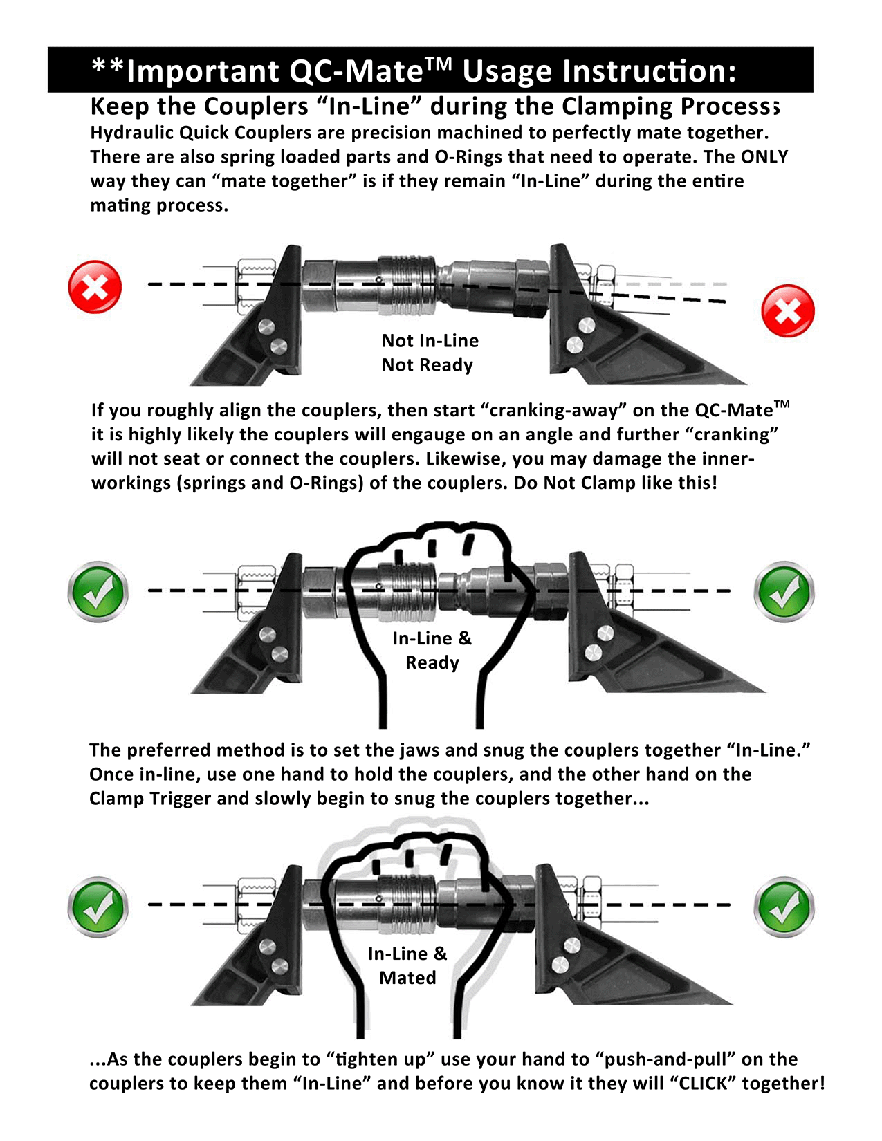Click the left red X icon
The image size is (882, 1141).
[x=95, y=287]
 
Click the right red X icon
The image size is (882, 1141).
[x=787, y=310]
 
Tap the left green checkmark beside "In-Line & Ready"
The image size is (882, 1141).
[x=98, y=592]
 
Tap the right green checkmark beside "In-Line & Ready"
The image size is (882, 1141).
[x=784, y=592]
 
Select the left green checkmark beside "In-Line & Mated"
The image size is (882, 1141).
[x=98, y=906]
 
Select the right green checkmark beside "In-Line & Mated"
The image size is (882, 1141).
[x=784, y=906]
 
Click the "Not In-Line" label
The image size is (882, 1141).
[x=430, y=340]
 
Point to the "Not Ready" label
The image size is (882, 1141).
[x=427, y=364]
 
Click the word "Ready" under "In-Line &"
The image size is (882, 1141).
[x=432, y=662]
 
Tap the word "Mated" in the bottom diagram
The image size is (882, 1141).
[x=407, y=978]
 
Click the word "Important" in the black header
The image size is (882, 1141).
[x=203, y=71]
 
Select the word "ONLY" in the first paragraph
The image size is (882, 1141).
[x=764, y=157]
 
